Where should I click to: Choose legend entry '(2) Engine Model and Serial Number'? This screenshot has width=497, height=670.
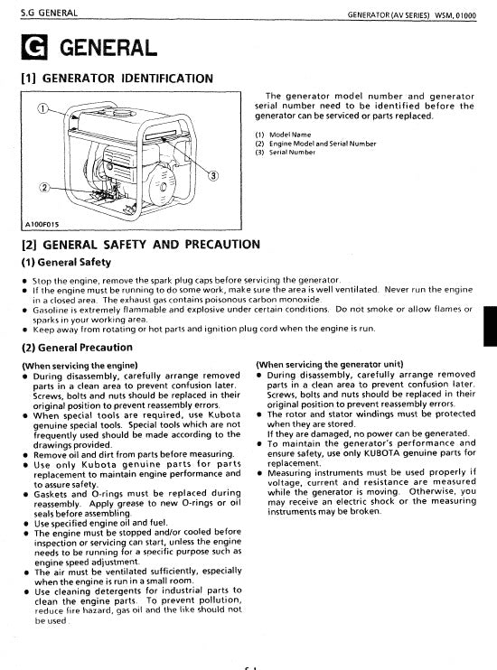[x=316, y=144]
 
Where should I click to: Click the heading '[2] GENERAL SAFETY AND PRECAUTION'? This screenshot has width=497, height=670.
[x=140, y=244]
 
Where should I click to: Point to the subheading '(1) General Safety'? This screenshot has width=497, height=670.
[x=66, y=262]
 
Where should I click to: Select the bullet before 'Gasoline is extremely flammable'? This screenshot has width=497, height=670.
[x=23, y=309]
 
